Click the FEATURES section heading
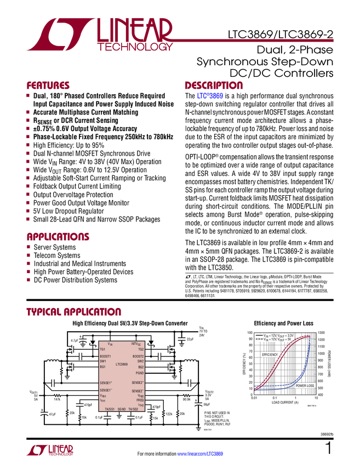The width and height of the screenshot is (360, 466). (48, 86)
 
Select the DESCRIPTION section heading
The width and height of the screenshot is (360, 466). (214, 86)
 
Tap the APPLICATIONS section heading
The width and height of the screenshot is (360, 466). (58, 237)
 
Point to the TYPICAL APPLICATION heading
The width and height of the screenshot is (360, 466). (73, 311)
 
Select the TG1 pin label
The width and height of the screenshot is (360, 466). (102, 349)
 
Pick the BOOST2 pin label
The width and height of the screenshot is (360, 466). (138, 356)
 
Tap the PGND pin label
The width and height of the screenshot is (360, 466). (139, 373)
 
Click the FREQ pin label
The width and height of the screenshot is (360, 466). (140, 400)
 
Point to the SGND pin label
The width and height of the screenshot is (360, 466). (122, 409)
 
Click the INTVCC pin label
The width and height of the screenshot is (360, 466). (136, 344)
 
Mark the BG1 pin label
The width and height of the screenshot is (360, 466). (102, 367)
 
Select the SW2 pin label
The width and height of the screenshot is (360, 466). (140, 361)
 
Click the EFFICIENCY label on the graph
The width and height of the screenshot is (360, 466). (270, 355)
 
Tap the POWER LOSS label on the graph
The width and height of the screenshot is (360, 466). (305, 386)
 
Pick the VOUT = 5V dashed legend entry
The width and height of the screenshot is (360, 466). (274, 340)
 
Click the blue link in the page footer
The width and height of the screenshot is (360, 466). (201, 453)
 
